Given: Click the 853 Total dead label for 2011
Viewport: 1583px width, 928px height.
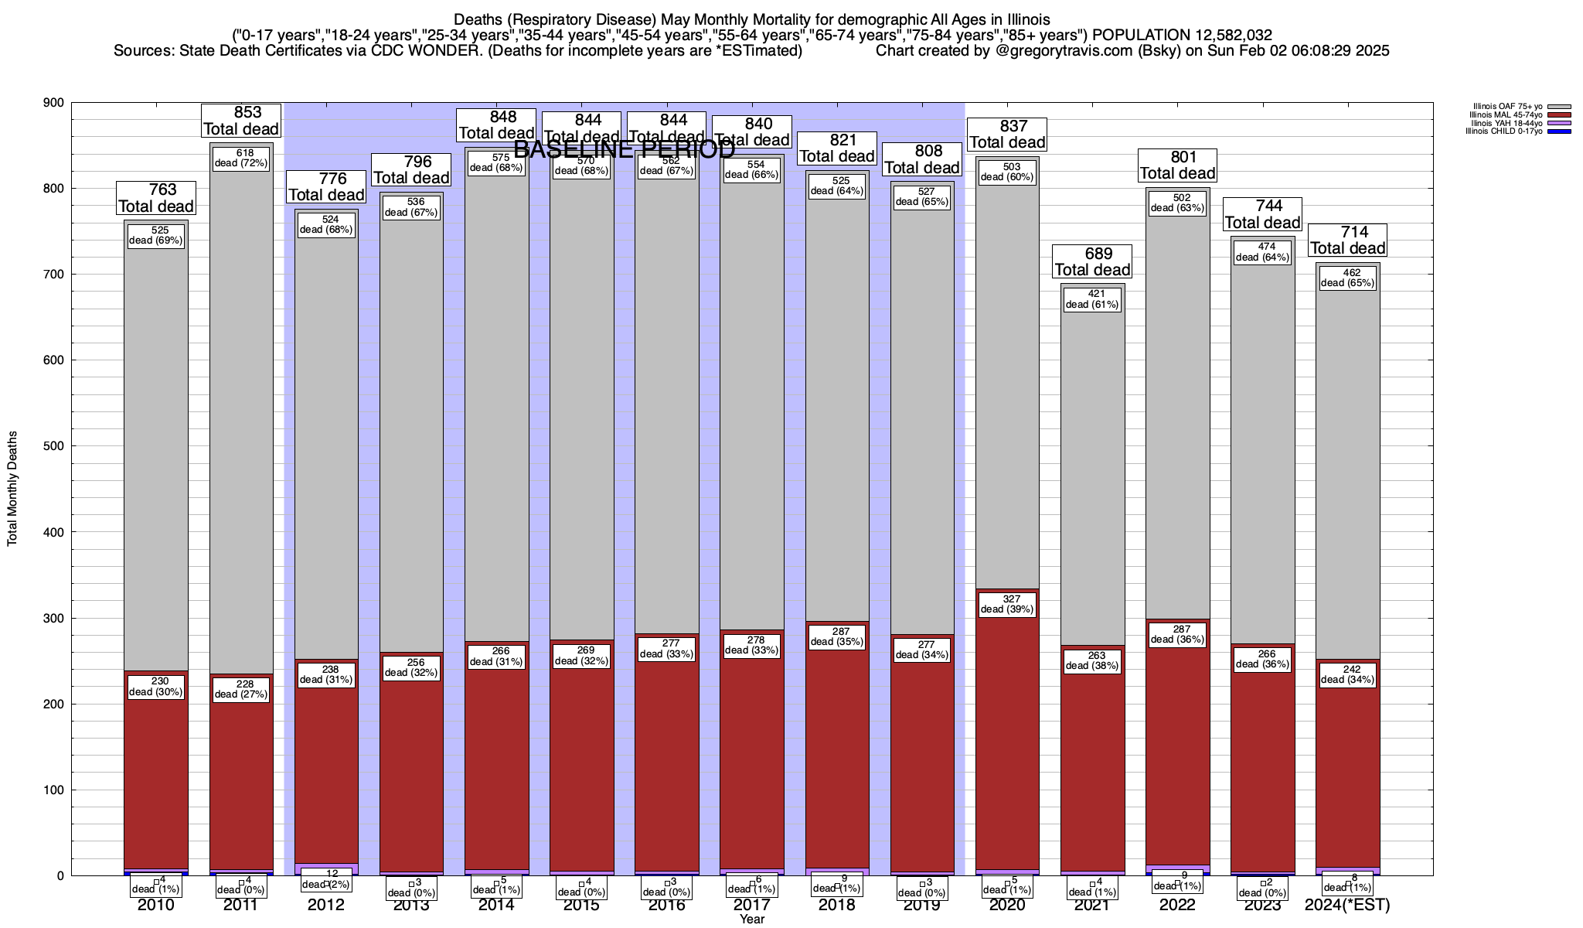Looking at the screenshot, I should point(240,121).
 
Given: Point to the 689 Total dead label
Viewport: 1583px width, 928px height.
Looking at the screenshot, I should point(1092,261).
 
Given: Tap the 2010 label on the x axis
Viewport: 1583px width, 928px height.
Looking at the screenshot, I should point(156,905).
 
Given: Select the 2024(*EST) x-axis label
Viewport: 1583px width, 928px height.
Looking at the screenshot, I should point(1347,905).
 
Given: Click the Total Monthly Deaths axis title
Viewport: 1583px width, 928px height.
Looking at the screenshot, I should point(12,489).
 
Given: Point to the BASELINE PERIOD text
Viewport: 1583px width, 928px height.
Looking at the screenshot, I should point(624,149).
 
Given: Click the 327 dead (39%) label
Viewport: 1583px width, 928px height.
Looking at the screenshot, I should point(1007,604).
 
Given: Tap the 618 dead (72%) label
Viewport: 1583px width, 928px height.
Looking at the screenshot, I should point(240,158).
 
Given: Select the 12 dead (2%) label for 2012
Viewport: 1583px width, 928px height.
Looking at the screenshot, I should point(326,879).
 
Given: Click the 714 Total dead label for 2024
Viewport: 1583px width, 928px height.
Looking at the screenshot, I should point(1347,240).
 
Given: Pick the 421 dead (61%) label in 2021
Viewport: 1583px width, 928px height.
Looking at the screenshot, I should point(1092,299).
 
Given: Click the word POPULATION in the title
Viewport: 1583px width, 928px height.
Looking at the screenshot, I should point(1140,35).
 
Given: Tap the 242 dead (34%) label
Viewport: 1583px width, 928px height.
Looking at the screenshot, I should point(1347,674).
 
